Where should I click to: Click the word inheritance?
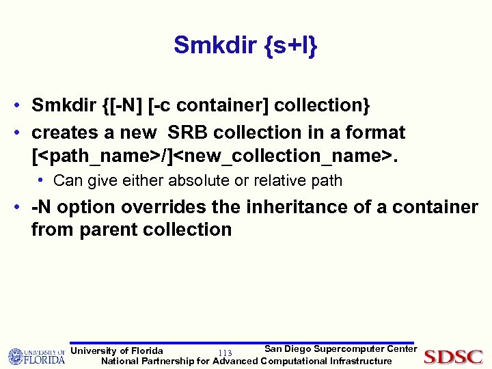point(307,207)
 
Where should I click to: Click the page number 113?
point(225,353)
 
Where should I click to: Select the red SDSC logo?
point(453,356)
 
